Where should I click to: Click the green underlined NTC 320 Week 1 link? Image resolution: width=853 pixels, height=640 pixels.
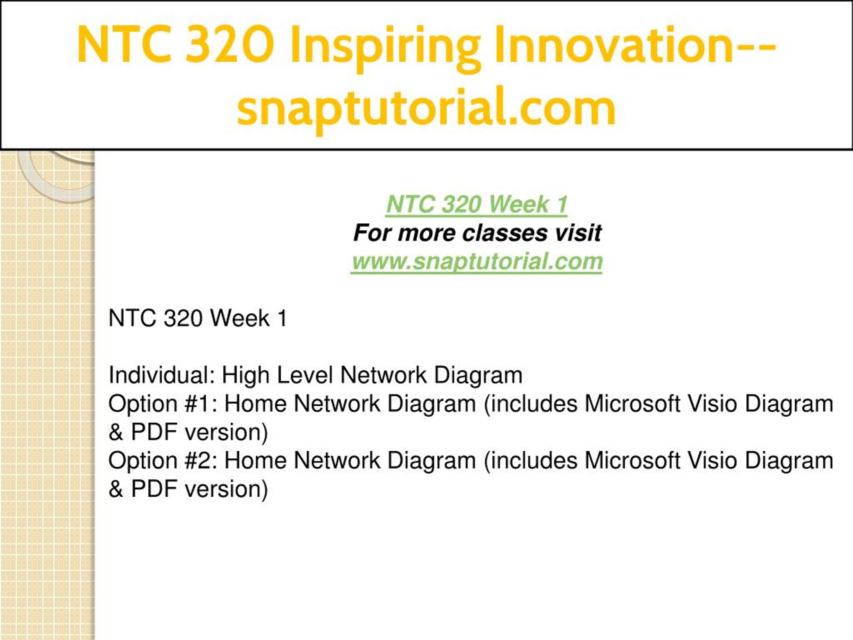476,204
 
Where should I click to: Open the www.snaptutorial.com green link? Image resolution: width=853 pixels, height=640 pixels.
476,262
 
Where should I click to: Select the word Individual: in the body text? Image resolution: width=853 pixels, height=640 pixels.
162,375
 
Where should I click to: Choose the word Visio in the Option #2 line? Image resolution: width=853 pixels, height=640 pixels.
709,460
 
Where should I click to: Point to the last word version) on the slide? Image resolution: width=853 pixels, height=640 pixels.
227,489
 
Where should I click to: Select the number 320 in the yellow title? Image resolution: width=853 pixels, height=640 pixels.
230,44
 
